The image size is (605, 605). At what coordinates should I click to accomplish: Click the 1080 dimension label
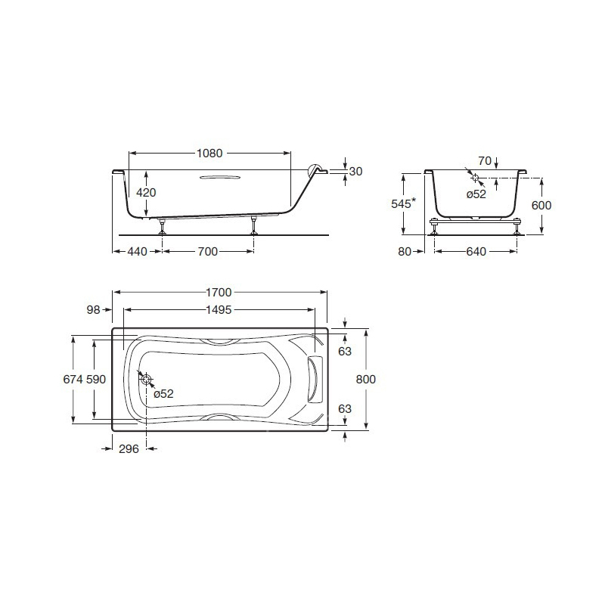[x=209, y=154]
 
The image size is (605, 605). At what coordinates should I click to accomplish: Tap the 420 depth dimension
[x=146, y=192]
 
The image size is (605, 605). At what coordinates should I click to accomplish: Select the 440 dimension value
[x=138, y=252]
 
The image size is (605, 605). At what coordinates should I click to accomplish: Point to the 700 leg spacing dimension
[x=208, y=252]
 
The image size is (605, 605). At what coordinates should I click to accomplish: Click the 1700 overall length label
[x=219, y=293]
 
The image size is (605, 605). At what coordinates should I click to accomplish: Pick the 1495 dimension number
[x=219, y=309]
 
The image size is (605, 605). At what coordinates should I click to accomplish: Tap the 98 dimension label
[x=93, y=309]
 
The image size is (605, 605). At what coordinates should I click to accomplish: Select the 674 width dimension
[x=73, y=380]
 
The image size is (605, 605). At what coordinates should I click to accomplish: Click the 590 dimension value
[x=96, y=380]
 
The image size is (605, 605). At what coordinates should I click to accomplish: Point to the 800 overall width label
[x=366, y=380]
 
